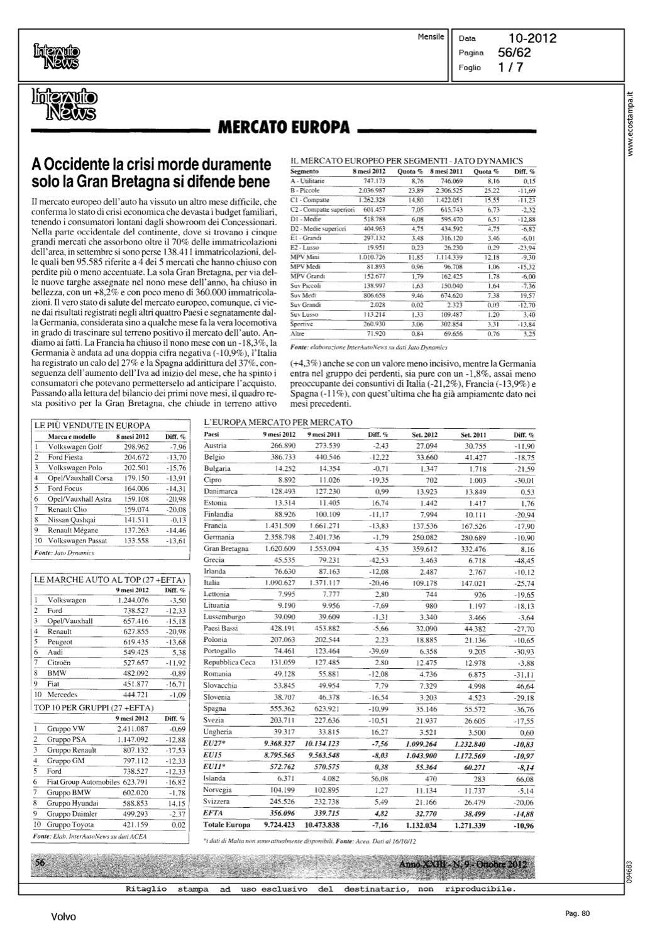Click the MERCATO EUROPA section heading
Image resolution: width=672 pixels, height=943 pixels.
pyautogui.click(x=283, y=128)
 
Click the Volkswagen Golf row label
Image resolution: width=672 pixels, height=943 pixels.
pyautogui.click(x=75, y=447)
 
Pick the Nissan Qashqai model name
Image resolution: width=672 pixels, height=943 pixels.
pyautogui.click(x=72, y=520)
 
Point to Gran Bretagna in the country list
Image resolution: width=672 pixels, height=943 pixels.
pyautogui.click(x=226, y=549)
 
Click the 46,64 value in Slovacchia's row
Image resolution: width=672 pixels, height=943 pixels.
pyautogui.click(x=525, y=687)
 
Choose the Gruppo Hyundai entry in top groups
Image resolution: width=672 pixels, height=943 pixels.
pyautogui.click(x=72, y=803)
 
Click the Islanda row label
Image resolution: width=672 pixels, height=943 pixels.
pyautogui.click(x=215, y=778)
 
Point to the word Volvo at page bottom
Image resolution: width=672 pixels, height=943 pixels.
pyautogui.click(x=63, y=917)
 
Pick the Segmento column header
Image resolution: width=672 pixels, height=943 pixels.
pyautogui.click(x=307, y=171)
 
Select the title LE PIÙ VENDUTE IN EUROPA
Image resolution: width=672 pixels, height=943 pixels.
pyautogui.click(x=92, y=426)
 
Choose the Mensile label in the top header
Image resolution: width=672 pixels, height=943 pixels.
pyautogui.click(x=431, y=37)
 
